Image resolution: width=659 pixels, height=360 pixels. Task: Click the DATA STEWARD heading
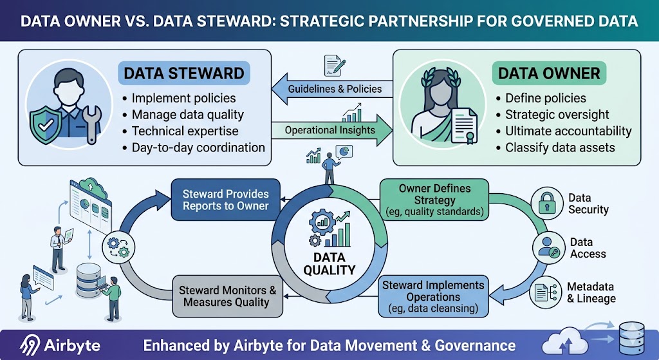coord(183,73)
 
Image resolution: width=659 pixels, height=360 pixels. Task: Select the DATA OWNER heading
coord(549,73)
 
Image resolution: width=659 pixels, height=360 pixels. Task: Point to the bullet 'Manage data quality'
coord(187,115)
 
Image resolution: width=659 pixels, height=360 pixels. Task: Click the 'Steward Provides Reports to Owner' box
coord(225,200)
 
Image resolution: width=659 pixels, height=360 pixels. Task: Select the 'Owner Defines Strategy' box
coord(434,200)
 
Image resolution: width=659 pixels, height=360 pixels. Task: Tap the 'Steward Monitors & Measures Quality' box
coord(227,296)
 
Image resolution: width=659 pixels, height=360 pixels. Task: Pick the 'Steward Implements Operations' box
coord(432,296)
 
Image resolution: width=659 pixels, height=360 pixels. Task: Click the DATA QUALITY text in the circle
coord(329,264)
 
